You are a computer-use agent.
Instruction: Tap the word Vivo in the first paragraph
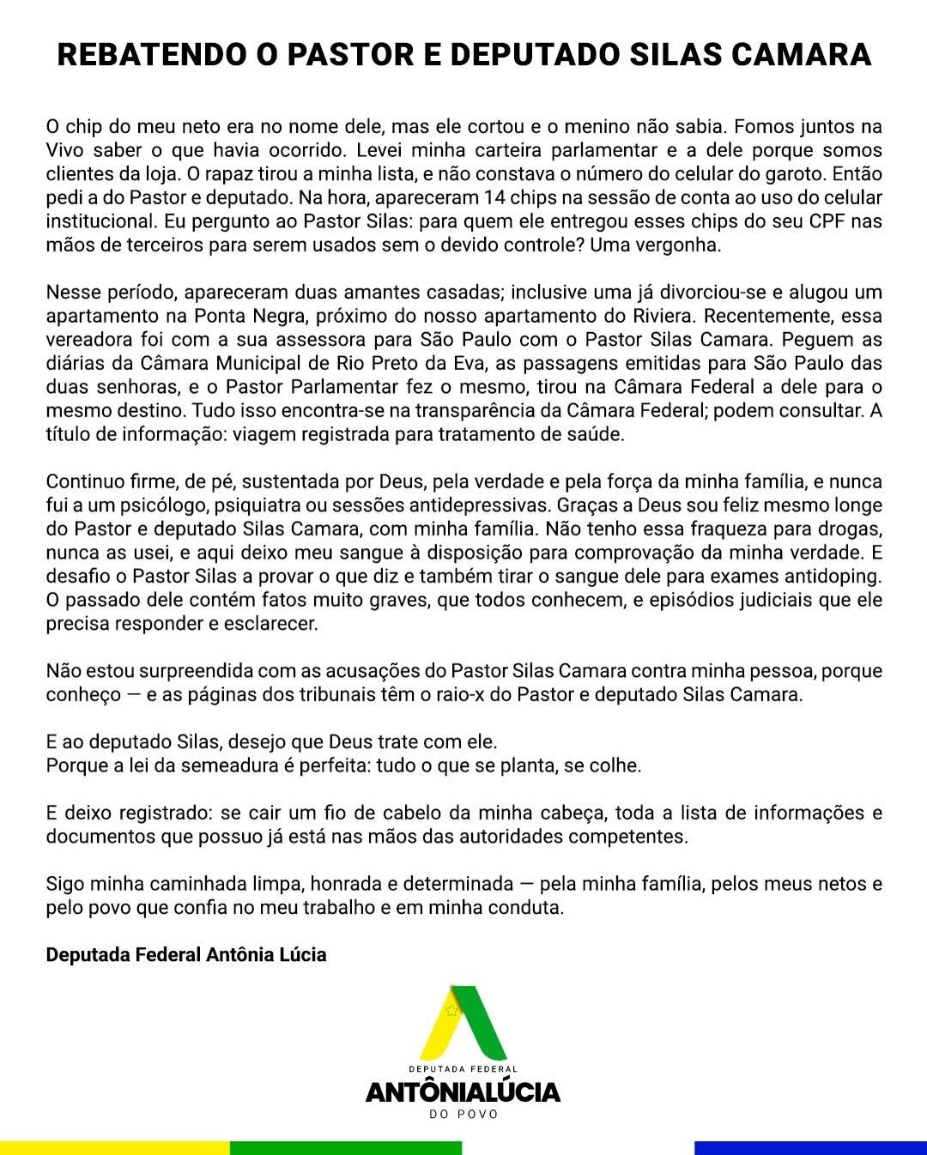tap(64, 151)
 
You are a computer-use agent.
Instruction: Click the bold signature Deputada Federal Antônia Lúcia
tap(186, 955)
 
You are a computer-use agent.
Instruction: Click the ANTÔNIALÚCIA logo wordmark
tap(463, 1092)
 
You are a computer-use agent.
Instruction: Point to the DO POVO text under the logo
tap(463, 1115)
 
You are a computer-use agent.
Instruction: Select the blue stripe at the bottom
tap(810, 1148)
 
